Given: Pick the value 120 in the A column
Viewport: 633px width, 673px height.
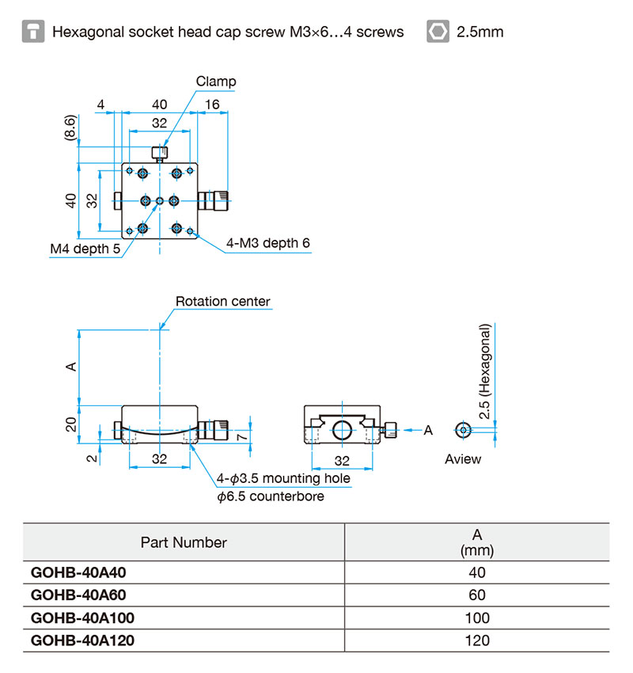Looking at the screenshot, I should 477,641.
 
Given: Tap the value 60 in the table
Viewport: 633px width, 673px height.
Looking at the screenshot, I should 477,595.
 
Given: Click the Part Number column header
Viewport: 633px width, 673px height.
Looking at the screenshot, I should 184,542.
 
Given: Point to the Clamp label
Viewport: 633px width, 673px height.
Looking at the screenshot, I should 216,82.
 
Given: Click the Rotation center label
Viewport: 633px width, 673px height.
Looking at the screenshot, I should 222,302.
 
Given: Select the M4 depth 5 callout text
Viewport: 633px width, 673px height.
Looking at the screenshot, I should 85,249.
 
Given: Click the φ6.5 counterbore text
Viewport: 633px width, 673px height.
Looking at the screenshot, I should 270,496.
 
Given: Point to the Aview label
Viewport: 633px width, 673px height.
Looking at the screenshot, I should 463,459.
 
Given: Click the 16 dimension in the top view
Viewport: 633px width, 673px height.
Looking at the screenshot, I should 212,105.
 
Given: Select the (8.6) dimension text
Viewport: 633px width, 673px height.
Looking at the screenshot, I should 70,128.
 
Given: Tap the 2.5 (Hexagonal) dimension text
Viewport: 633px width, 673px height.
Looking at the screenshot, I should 485,372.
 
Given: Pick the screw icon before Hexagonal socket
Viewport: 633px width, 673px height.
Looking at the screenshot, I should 32,32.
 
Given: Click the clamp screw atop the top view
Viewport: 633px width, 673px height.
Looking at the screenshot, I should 160,152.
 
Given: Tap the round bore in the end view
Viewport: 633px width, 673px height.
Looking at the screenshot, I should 343,431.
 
